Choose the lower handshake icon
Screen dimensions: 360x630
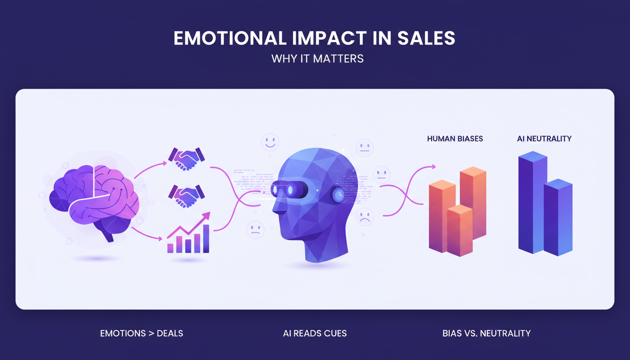coord(187,196)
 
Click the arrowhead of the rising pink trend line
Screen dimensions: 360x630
coord(206,216)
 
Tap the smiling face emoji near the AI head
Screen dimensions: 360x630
coord(270,141)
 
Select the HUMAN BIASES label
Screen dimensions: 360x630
coord(455,139)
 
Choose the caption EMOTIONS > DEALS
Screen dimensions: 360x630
coord(142,334)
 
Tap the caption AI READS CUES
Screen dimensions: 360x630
coord(315,334)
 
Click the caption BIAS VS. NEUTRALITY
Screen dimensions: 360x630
coord(487,334)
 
